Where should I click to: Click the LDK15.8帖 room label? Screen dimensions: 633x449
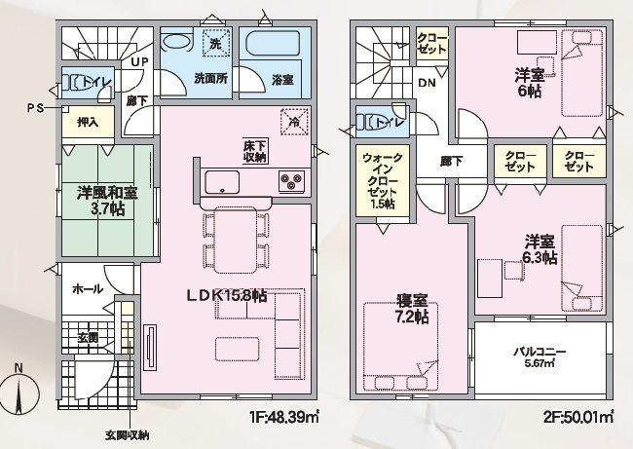(226, 296)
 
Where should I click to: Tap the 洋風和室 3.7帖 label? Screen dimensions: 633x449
(107, 201)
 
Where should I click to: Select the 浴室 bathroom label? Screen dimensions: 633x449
(282, 80)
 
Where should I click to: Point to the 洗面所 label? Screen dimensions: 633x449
(210, 79)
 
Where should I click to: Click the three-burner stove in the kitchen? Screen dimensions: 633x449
(291, 180)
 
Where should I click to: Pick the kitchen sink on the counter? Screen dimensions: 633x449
(222, 182)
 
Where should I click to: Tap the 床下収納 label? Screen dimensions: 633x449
(255, 151)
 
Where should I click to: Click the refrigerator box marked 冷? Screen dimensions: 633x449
(294, 122)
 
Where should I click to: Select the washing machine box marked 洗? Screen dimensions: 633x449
(215, 43)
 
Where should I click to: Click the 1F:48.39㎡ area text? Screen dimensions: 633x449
(284, 416)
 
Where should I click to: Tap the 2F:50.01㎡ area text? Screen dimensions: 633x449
(578, 416)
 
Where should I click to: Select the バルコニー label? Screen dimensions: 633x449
(540, 355)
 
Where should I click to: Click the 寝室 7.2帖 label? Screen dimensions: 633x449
(412, 309)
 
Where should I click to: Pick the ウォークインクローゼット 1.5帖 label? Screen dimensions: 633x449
(383, 180)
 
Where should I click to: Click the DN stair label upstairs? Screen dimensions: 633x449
(427, 83)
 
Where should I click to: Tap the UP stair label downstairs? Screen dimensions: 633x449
(140, 61)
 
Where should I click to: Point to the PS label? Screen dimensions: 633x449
(35, 108)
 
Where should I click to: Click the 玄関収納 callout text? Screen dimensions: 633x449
(128, 435)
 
